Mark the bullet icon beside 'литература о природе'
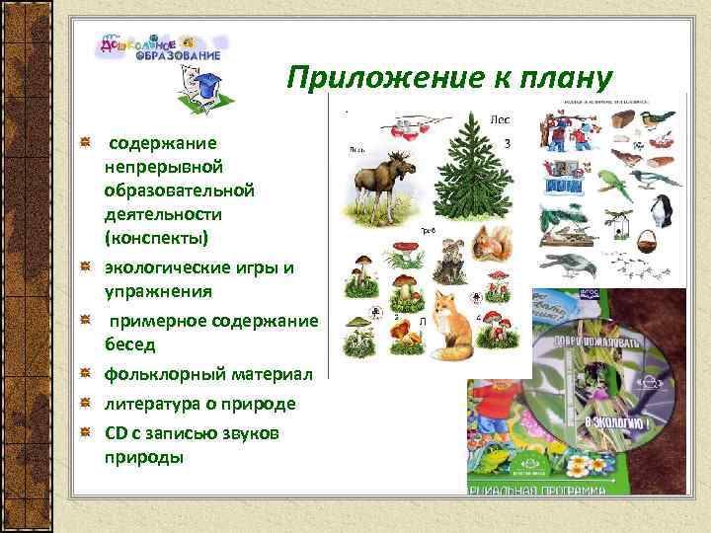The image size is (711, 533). click(87, 404)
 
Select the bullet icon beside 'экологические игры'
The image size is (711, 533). click(87, 267)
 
